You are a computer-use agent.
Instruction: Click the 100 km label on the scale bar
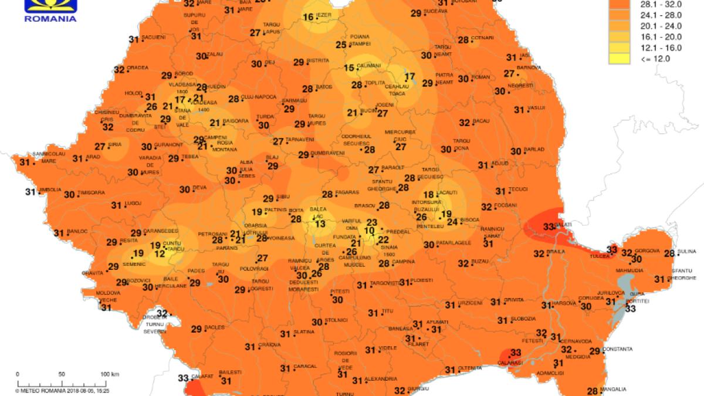tap(110, 374)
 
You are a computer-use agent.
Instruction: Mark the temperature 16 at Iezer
tap(308, 17)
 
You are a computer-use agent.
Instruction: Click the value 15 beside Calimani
tap(349, 68)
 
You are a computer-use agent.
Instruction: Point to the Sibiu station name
tap(284, 197)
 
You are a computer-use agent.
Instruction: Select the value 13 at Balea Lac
tap(320, 223)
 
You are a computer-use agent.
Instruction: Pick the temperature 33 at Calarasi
tap(516, 353)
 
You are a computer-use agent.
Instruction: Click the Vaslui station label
tap(536, 107)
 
